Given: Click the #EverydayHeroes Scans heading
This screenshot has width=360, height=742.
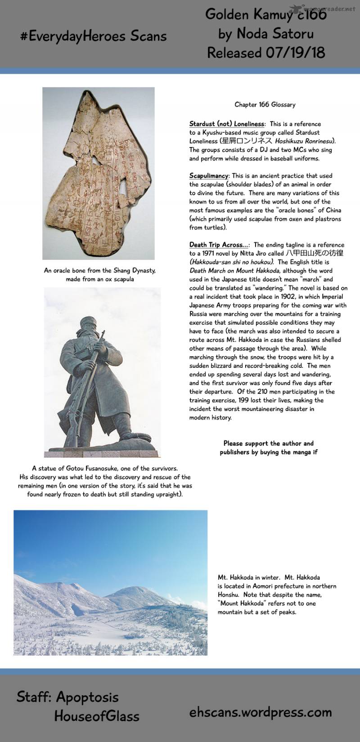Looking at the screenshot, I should (94, 36).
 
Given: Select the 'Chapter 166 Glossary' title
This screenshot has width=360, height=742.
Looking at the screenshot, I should (265, 104).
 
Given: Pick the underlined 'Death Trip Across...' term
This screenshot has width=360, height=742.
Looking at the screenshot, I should (219, 245).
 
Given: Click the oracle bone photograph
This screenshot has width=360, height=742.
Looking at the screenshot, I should (99, 173).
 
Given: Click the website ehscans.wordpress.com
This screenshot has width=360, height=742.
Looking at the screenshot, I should (261, 712).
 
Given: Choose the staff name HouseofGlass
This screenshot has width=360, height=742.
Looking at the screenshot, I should (96, 716).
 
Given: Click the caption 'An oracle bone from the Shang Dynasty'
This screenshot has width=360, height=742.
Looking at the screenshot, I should (99, 271).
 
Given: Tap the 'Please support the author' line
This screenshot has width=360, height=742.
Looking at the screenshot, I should (268, 443).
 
